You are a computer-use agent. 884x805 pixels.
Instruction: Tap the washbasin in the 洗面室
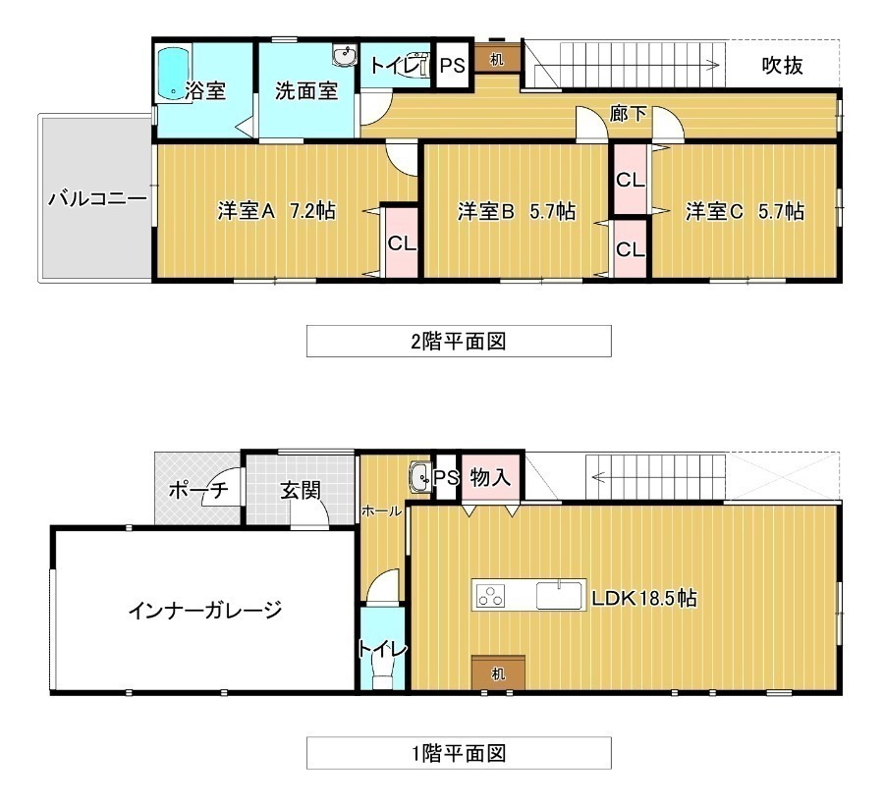coord(345,56)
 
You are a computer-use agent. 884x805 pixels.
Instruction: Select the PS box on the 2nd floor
coord(452,66)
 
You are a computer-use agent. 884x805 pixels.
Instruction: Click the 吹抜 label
coord(783,66)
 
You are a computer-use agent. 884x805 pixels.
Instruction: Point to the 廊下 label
coord(628,114)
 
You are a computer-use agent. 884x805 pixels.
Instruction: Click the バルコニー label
coord(97,198)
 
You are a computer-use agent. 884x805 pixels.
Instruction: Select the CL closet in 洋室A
coord(402,242)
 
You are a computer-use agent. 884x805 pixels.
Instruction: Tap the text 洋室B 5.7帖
coord(517,211)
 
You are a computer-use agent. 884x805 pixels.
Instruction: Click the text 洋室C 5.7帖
coord(745,211)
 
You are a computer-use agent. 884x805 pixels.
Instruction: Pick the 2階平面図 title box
coord(459,341)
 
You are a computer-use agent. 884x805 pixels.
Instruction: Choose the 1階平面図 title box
coord(459,753)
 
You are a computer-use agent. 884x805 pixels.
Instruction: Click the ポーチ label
coord(198,490)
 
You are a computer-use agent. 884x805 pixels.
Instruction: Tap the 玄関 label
coord(301,490)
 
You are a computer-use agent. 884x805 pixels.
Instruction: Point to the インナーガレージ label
coord(204,610)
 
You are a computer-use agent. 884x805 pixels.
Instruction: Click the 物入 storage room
coord(490,476)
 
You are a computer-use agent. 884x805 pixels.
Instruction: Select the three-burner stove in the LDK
coord(490,596)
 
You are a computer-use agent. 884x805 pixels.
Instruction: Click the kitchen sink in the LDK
coord(559,595)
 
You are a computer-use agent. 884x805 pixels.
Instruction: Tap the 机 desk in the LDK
coord(498,672)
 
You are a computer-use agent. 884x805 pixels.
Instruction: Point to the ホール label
coord(382,511)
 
